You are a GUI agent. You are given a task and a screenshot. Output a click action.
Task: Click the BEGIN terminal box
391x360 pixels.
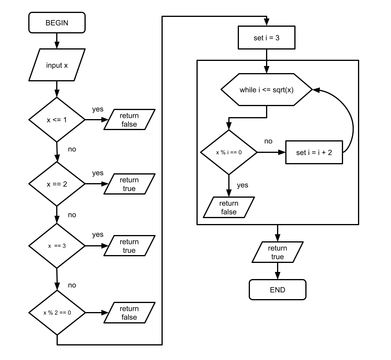(57, 23)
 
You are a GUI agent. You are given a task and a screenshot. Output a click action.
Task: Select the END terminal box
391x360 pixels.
(277, 290)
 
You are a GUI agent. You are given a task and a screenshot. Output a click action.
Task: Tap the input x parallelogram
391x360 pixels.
(57, 65)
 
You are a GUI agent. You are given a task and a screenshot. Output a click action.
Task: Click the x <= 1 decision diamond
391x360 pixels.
(57, 119)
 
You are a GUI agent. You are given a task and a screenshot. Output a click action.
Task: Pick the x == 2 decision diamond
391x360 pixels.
(57, 184)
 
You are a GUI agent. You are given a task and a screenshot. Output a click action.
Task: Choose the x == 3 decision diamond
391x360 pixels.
(57, 246)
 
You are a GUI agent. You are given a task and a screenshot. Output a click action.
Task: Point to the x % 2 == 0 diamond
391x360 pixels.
(57, 312)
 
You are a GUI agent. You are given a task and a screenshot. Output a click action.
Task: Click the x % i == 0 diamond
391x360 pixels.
(229, 152)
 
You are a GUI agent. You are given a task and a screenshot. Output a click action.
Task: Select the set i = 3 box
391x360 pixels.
(266, 37)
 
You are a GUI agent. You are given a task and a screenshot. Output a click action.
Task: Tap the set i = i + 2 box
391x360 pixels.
(314, 152)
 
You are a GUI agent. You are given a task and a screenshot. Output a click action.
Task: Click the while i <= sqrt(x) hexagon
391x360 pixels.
(266, 90)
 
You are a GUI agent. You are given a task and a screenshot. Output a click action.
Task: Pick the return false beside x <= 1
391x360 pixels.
(129, 119)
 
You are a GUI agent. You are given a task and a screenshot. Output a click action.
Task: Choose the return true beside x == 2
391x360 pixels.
(129, 184)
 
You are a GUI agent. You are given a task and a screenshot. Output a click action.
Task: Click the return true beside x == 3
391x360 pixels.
(129, 246)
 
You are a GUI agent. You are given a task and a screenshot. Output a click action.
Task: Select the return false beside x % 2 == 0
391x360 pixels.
(129, 312)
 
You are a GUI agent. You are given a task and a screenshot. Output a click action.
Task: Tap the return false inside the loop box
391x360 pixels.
(229, 208)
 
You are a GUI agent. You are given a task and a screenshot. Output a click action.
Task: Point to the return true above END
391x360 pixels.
(277, 252)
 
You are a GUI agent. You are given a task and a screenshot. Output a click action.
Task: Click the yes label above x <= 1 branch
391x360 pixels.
(98, 109)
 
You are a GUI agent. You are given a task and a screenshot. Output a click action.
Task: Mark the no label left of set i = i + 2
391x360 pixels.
(268, 141)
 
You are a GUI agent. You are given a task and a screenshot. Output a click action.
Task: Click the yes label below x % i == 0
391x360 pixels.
(242, 185)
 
